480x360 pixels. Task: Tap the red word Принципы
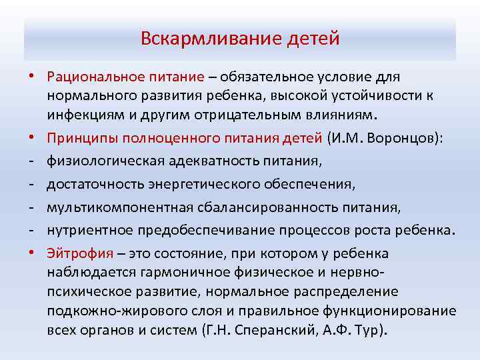click(x=79, y=137)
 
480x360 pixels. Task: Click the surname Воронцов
click(x=388, y=137)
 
